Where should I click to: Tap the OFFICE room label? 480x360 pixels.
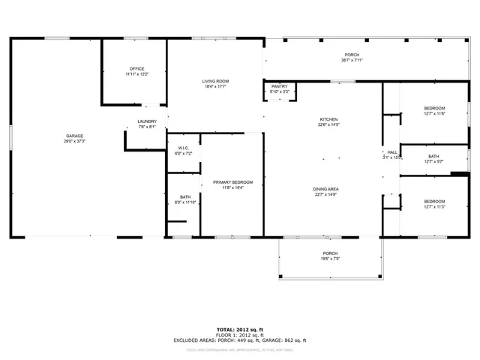coord(136,69)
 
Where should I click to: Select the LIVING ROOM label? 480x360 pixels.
coord(214,81)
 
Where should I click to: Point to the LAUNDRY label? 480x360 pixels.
coord(147,121)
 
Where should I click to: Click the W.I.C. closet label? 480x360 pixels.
coord(184,148)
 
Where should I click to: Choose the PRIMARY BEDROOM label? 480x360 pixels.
coord(232,182)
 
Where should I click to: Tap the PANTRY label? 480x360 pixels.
coord(279,86)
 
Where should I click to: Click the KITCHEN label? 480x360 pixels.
coord(328,120)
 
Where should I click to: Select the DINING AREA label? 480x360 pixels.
coord(326,189)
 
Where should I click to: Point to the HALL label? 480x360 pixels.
coord(391,152)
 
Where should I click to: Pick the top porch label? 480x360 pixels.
coord(351,55)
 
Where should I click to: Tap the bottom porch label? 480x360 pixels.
coord(330,253)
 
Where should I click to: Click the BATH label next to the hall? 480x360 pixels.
coord(433,156)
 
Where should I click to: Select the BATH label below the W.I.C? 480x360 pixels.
coord(184,196)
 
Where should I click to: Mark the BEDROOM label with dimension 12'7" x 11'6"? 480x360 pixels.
coord(434,108)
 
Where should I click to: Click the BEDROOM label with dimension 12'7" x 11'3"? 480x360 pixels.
coord(434,201)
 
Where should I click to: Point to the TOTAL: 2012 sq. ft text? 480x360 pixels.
coord(240,329)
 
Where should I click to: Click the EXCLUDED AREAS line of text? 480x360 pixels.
coord(240,340)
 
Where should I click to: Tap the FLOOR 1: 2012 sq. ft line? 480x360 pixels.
coord(240,335)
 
